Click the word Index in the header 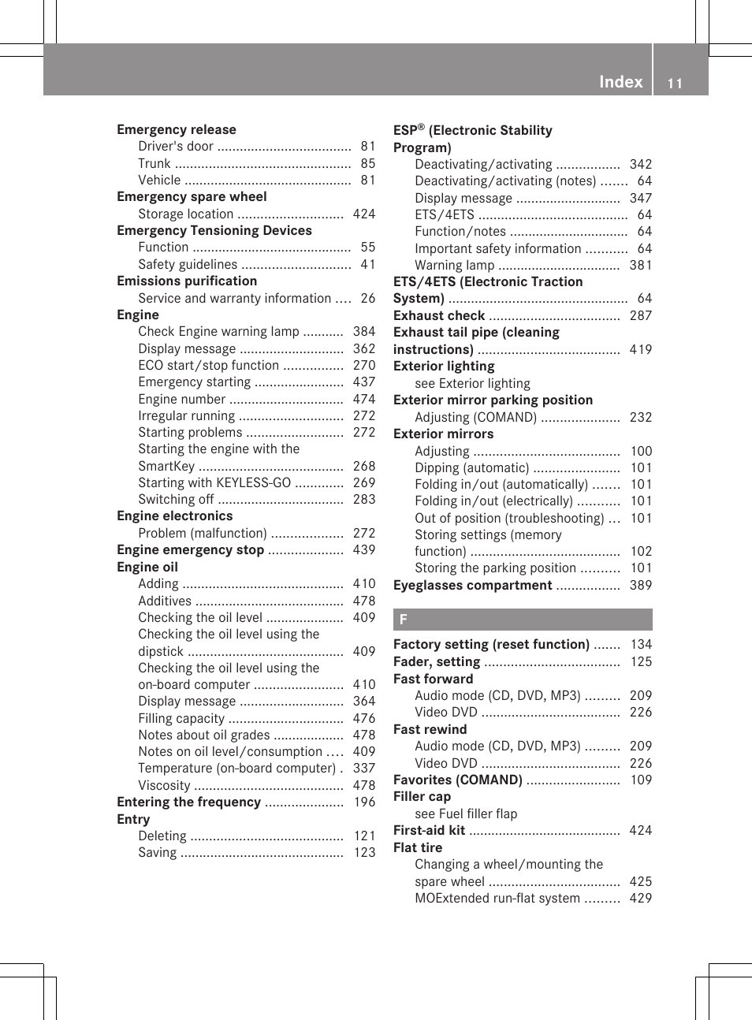pos(620,82)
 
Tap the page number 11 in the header pos(675,84)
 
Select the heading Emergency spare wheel pos(192,197)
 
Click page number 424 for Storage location pos(363,214)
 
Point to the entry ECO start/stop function pos(208,366)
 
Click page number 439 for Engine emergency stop pos(363,550)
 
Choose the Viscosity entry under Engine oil pos(164,786)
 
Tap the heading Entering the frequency pos(188,802)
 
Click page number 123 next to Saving pos(363,853)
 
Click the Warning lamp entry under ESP pos(454,266)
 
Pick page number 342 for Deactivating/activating pos(640,165)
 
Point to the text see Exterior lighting pos(472,384)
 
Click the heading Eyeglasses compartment pos(472,586)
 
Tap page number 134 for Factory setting pos(640,645)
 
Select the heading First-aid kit pos(429,831)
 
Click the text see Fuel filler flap pos(466,814)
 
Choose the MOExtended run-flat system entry pos(497,899)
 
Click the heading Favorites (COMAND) pos(457,780)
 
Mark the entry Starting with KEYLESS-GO pos(214,483)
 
